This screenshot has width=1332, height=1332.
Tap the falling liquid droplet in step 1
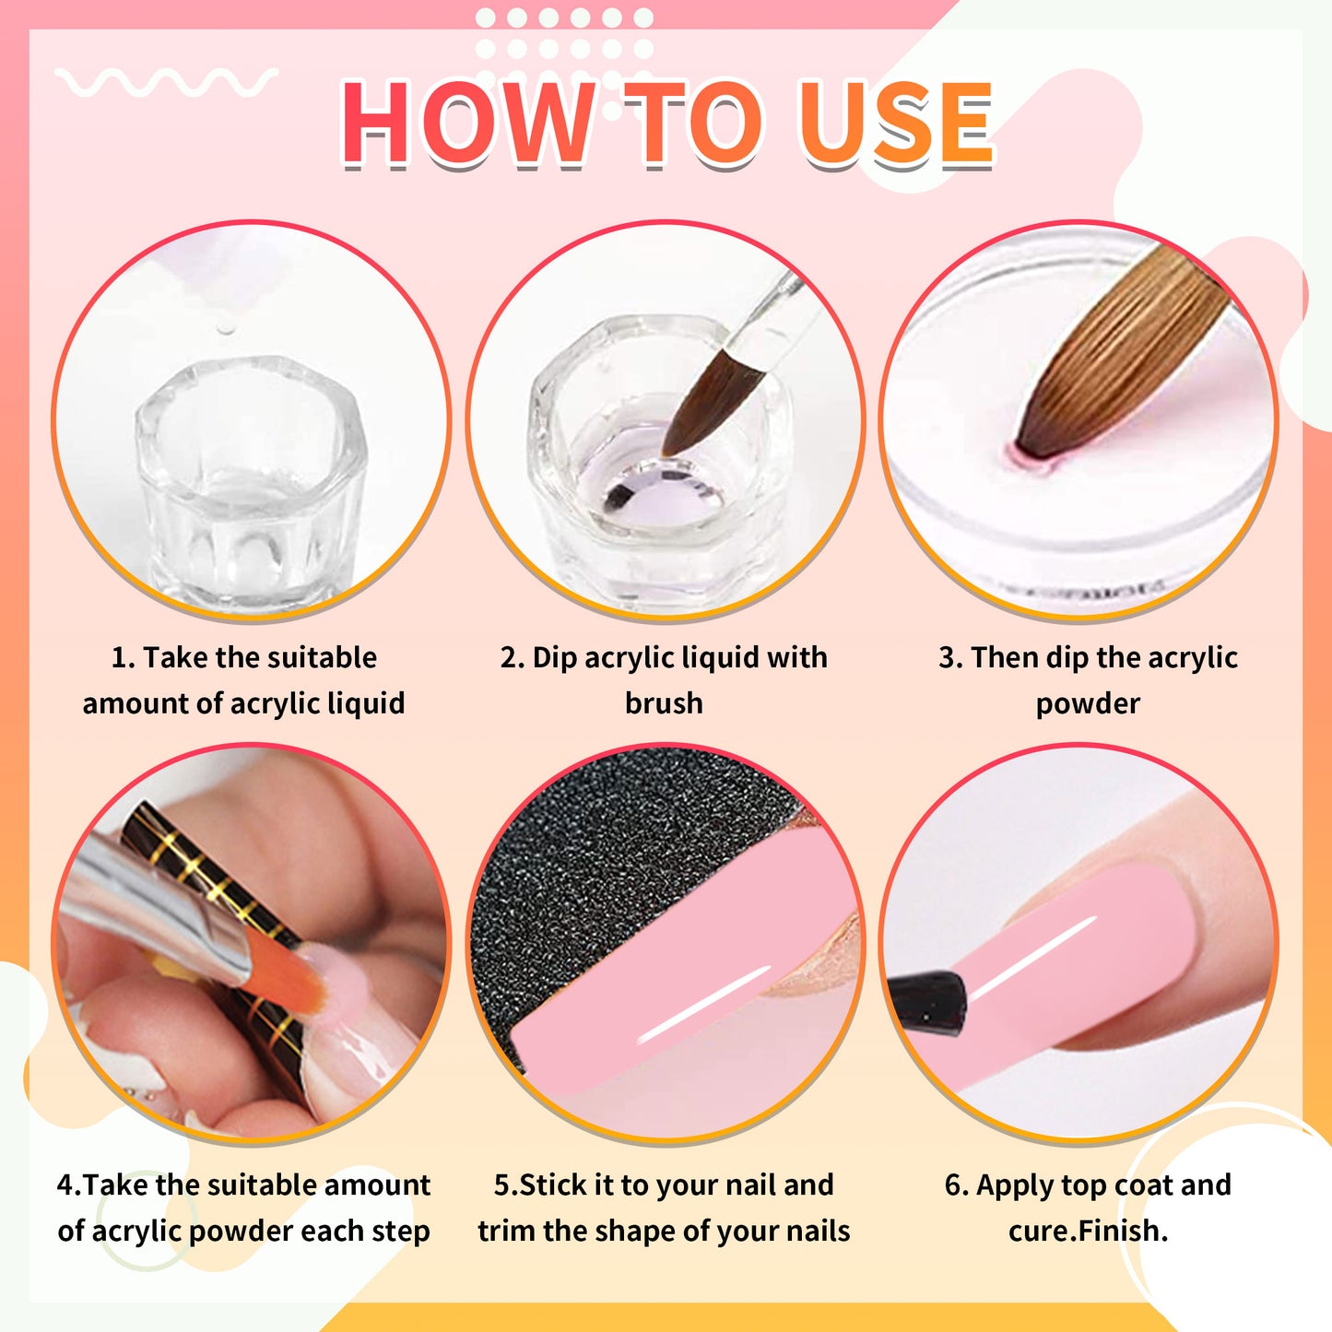click(x=223, y=328)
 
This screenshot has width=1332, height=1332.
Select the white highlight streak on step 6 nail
click(x=1032, y=959)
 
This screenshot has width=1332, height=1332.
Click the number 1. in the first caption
click(x=123, y=658)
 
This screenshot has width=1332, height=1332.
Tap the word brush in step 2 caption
click(x=664, y=703)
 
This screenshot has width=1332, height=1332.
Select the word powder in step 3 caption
click(x=1088, y=703)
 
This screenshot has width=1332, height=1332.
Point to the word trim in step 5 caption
click(x=507, y=1231)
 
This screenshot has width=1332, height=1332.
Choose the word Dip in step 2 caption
click(x=554, y=658)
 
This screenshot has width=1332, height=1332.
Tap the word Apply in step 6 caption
click(x=1015, y=1185)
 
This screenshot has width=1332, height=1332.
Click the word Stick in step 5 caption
click(x=551, y=1185)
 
